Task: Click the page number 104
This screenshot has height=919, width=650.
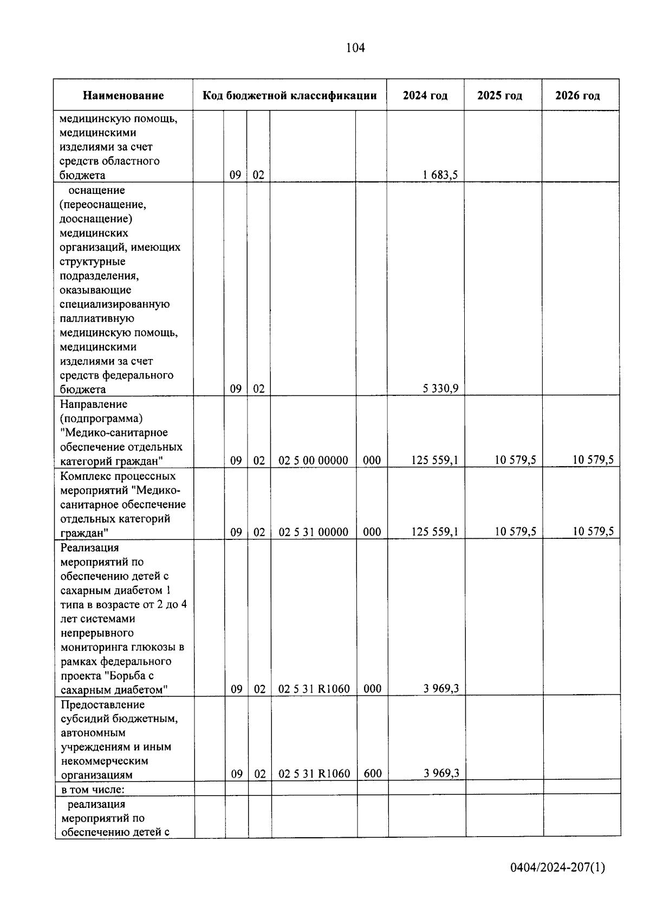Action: click(355, 48)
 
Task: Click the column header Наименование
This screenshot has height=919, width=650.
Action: click(123, 96)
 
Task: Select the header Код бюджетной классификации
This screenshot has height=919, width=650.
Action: click(289, 96)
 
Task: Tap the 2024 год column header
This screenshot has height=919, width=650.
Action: click(425, 96)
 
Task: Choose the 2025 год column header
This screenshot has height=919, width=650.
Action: click(499, 96)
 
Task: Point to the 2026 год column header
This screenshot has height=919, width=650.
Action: click(577, 96)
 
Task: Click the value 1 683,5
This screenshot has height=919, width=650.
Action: click(440, 175)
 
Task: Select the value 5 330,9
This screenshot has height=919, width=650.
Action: click(440, 388)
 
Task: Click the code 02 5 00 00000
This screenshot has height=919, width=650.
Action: click(313, 461)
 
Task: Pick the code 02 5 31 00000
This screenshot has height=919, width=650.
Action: click(313, 532)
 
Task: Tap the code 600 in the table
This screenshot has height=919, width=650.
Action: click(373, 774)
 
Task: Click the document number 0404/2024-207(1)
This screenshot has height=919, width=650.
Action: click(557, 868)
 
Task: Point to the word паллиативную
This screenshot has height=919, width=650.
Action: click(97, 318)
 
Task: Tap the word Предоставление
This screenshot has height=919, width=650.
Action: click(102, 705)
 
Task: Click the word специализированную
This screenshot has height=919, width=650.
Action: click(115, 304)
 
